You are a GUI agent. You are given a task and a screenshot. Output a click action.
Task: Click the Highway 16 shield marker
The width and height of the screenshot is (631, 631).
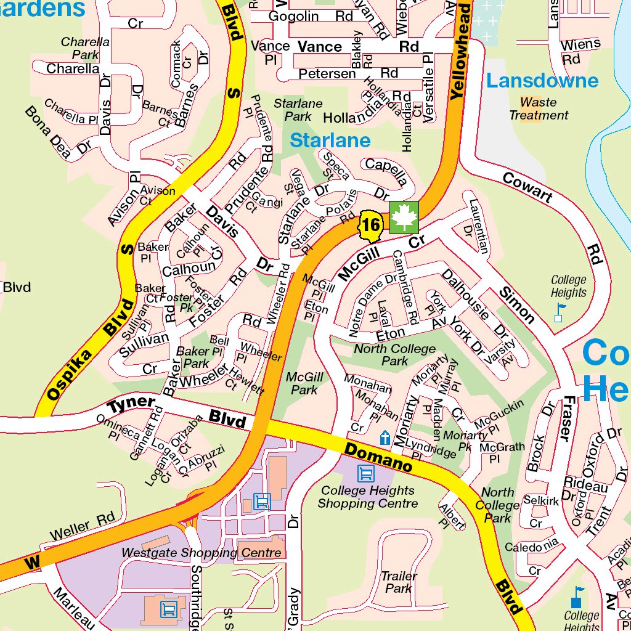370,226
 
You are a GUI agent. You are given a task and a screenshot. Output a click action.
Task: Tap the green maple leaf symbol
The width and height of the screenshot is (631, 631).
404,218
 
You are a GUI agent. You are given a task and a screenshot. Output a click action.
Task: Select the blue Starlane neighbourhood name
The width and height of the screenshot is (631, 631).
330,140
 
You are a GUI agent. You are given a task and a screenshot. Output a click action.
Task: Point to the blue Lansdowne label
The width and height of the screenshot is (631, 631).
542,81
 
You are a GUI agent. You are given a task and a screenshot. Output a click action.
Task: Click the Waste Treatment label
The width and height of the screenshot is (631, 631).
539,109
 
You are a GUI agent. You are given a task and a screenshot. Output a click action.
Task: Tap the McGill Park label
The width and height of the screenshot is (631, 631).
304,383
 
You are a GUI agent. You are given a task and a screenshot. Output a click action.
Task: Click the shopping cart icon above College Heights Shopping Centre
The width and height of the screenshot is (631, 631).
365,473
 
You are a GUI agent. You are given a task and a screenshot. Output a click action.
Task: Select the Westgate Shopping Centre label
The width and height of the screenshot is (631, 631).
202,553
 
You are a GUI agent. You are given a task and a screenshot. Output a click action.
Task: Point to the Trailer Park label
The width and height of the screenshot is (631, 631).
399,582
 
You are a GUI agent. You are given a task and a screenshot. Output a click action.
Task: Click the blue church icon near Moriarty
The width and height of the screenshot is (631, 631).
385,438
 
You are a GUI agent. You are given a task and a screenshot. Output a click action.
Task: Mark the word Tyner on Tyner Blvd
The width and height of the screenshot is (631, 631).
131,404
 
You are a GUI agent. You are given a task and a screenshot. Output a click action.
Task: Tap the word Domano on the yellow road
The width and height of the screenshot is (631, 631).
378,457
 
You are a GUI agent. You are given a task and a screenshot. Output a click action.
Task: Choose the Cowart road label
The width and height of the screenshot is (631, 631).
527,187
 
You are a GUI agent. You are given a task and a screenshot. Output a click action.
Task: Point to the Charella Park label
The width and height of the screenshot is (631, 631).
85,49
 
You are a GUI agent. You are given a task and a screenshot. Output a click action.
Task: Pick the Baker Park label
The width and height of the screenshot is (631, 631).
193,357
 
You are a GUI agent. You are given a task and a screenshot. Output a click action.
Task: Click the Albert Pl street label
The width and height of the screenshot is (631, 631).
451,516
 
